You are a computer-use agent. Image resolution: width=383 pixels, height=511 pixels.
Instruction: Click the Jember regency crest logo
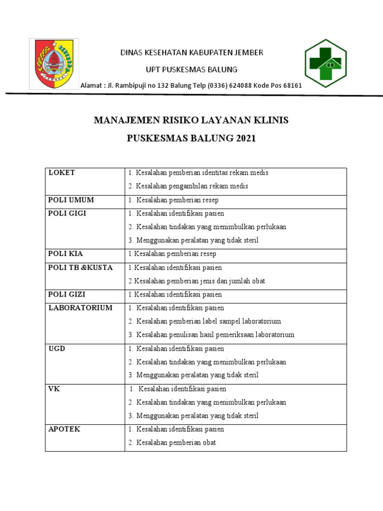(x=54, y=64)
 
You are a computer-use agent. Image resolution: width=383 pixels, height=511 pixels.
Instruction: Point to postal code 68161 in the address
(x=293, y=85)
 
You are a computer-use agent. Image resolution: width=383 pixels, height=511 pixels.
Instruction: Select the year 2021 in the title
(x=244, y=138)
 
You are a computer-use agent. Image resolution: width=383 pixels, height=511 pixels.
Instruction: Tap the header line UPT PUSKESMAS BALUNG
(x=191, y=69)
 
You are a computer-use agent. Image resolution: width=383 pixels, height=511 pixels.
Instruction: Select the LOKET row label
(x=61, y=173)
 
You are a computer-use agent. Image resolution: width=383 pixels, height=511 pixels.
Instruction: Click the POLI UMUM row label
(x=71, y=200)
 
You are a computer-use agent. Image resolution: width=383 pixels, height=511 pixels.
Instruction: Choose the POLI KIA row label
(x=66, y=254)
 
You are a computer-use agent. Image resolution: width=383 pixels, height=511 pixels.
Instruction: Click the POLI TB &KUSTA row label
(x=80, y=267)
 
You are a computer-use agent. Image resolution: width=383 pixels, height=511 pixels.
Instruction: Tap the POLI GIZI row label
(x=67, y=294)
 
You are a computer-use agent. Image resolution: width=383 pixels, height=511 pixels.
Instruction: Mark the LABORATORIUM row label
(x=80, y=308)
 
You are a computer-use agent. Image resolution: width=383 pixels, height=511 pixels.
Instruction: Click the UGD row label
(x=57, y=348)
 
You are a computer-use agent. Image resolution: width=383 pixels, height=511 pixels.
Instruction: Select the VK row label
(x=54, y=389)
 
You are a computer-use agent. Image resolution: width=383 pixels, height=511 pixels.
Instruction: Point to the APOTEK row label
(x=64, y=429)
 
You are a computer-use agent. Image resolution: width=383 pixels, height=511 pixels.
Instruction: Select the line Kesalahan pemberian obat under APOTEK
(x=176, y=443)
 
